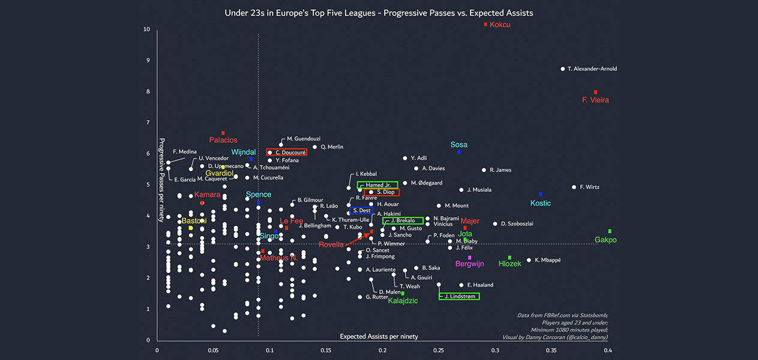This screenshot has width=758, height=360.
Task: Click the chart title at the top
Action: tap(379, 13)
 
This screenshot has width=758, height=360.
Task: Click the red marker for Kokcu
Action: tap(486, 24)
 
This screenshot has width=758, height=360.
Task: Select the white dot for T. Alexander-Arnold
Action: tap(562, 69)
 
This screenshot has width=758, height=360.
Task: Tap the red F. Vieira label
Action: tap(595, 100)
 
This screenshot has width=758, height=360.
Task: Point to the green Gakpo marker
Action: tap(609, 231)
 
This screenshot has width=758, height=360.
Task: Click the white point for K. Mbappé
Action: tap(529, 260)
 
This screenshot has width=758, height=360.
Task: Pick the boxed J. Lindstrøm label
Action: tap(459, 296)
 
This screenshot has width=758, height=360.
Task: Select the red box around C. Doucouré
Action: tap(287, 152)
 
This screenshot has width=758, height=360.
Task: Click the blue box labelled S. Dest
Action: tap(361, 211)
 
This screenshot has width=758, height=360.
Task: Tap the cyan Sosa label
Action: tap(459, 145)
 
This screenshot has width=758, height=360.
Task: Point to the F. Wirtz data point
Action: tap(574, 187)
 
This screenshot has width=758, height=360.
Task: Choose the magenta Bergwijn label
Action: tap(469, 264)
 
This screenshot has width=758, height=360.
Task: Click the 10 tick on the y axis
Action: tap(146, 29)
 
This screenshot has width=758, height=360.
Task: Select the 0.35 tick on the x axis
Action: tap(552, 351)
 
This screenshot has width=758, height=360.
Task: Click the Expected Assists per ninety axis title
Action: tap(379, 336)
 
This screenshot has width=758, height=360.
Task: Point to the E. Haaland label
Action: tap(480, 285)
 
